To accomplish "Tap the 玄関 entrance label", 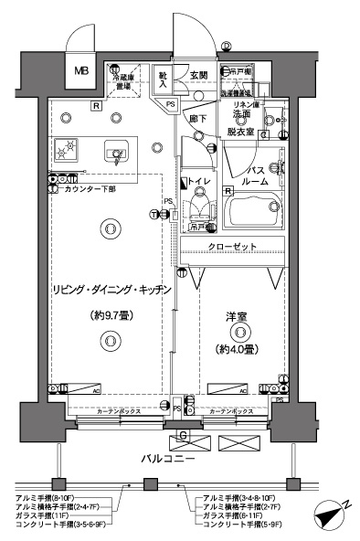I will [197, 75].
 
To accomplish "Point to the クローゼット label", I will [232, 247].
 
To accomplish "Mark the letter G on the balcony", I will [183, 435].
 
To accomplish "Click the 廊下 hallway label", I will [195, 118].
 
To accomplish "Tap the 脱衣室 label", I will [243, 132].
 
